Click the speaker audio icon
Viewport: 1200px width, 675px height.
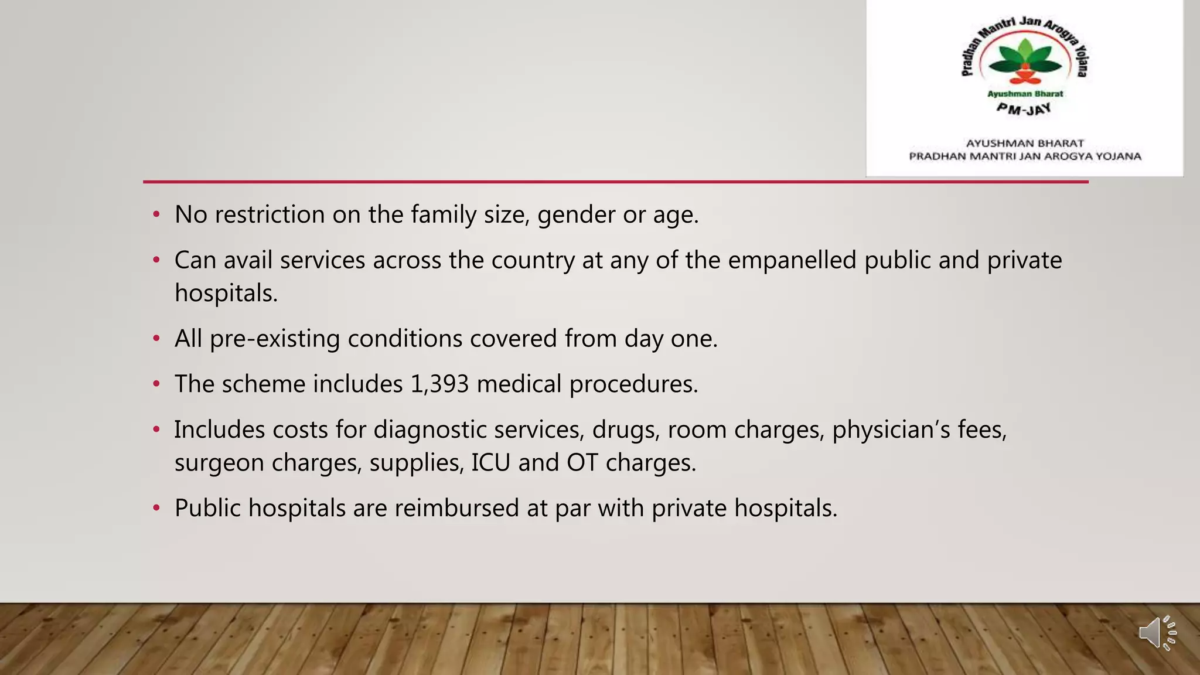(1157, 633)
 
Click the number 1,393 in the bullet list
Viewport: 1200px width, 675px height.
(439, 384)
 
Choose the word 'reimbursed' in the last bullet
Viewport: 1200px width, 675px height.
(456, 508)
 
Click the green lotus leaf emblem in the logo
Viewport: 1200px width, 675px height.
(1025, 59)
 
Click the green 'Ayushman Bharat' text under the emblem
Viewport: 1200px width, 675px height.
(1025, 94)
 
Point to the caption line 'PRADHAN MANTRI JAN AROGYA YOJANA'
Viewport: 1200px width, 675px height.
(1025, 156)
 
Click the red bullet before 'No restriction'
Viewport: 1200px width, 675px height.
(156, 214)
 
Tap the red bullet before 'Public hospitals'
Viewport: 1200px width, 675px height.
(156, 508)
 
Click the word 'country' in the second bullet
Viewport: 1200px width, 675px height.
(533, 261)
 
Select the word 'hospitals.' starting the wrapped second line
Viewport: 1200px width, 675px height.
(226, 294)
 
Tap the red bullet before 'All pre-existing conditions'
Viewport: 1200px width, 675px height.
(156, 339)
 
